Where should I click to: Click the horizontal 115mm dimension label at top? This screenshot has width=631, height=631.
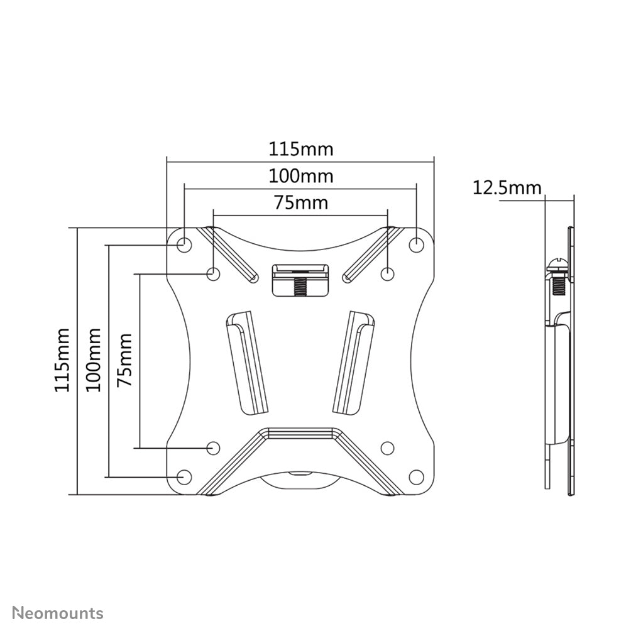click(301, 150)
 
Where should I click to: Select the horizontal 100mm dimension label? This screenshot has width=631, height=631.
click(301, 176)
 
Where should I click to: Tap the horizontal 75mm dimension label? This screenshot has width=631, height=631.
click(301, 203)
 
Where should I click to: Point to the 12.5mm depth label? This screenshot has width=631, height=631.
click(507, 187)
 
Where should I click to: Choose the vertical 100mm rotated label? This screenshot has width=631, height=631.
click(94, 360)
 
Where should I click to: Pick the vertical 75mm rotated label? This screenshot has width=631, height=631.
click(125, 360)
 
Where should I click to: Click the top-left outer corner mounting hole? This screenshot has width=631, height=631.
click(184, 244)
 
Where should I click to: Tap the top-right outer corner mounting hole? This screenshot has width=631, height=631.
click(416, 244)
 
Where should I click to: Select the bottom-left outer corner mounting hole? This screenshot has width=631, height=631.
click(184, 477)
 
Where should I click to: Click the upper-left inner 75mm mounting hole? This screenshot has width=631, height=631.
click(214, 274)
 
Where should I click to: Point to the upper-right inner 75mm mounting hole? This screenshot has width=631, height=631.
click(387, 274)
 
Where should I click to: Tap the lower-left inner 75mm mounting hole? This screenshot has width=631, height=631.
click(214, 447)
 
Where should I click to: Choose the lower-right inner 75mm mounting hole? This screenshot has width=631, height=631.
click(387, 447)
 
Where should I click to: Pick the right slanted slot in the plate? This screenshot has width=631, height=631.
click(354, 363)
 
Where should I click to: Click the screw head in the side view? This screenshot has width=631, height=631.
click(557, 265)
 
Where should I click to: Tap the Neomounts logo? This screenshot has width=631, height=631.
click(58, 612)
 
